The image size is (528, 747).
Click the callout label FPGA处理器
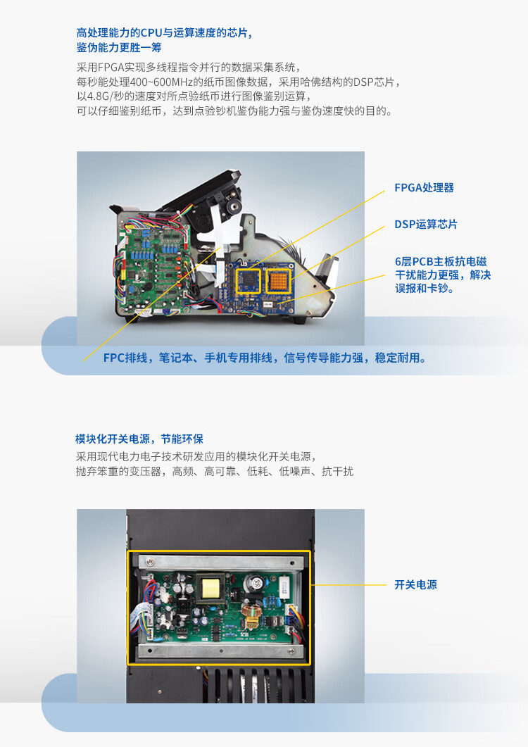pos(424,188)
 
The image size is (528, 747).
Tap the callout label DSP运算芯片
pos(425,225)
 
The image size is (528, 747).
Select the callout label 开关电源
pos(415,584)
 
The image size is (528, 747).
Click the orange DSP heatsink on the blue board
pos(279,281)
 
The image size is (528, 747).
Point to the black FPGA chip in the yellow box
pos(249,281)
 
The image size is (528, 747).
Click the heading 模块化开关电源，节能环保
pos(139,439)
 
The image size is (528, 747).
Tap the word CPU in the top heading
pos(151,33)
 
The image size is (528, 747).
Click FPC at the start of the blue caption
pos(114,358)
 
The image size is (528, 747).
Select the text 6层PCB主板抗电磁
pos(440,261)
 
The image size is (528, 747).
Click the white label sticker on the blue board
pos(268,304)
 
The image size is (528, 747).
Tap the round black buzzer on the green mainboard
pos(150,287)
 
